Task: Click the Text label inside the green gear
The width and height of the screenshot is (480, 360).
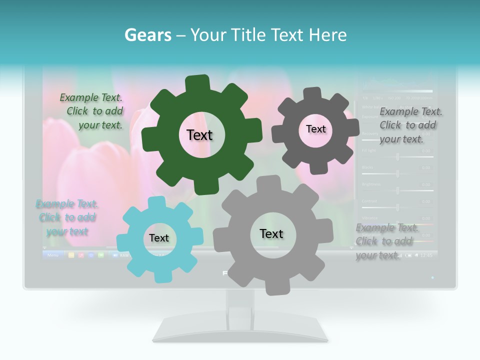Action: [x=199, y=135]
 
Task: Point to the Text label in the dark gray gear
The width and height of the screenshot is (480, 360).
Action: [x=315, y=129]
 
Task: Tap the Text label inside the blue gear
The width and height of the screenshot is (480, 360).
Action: [x=159, y=238]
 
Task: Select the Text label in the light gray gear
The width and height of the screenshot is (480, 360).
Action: [x=271, y=234]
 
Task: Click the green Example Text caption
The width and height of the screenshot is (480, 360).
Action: [x=91, y=111]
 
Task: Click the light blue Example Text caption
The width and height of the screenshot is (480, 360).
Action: [x=66, y=218]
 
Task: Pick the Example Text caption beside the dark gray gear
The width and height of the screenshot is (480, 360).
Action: [x=410, y=125]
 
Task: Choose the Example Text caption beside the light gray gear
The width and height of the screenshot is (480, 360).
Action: [x=386, y=242]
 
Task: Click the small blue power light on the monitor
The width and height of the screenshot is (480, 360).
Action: [x=432, y=277]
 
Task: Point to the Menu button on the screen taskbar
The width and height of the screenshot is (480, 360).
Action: [x=53, y=255]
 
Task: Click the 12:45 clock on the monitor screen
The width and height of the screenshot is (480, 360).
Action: [x=426, y=255]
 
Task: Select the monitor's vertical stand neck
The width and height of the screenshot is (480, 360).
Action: [x=240, y=302]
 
